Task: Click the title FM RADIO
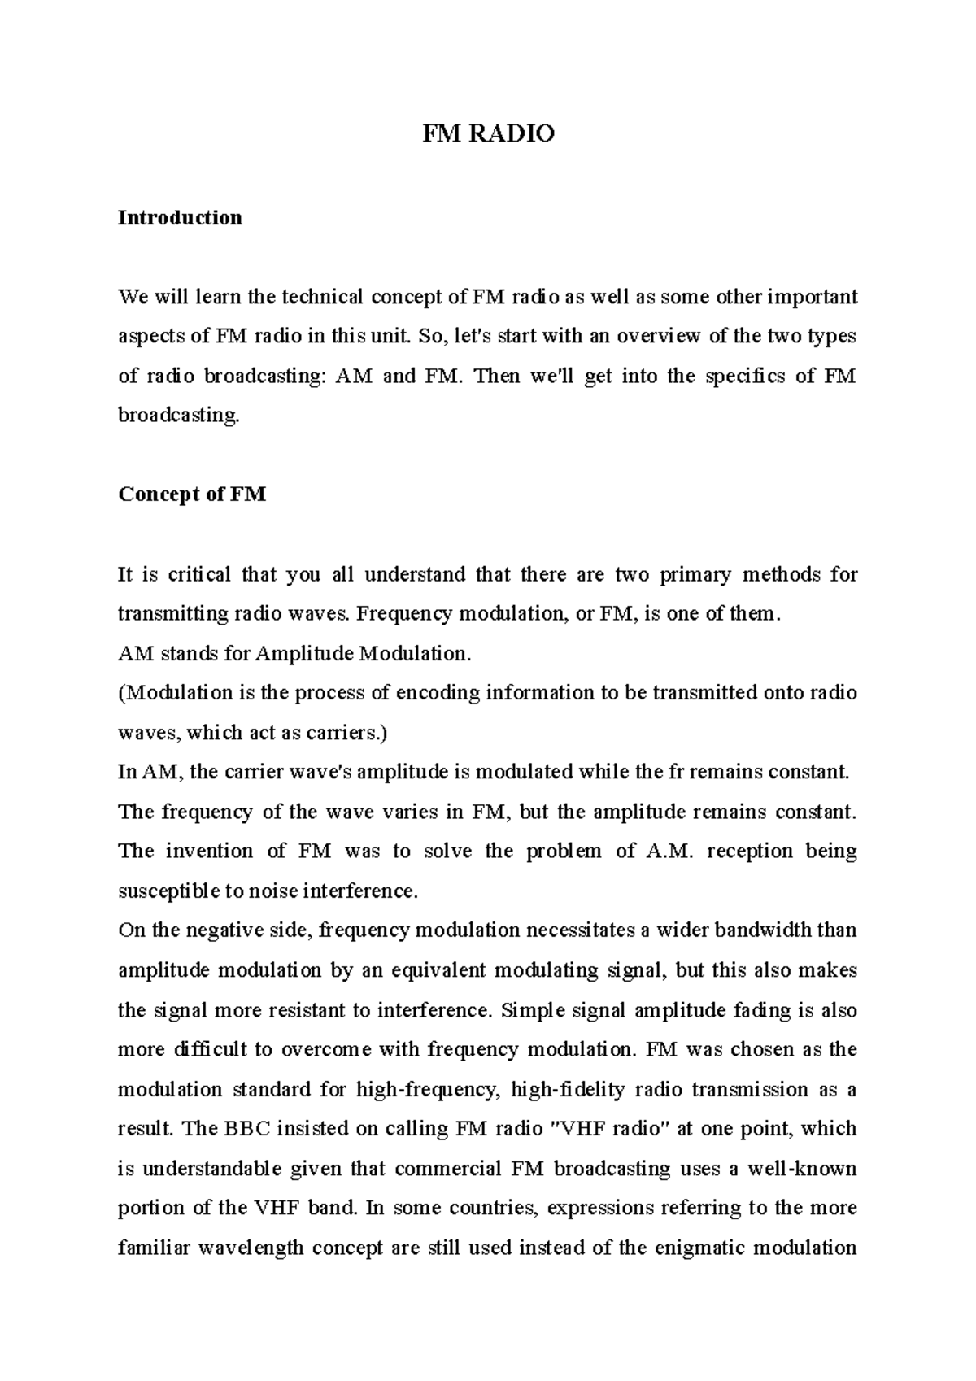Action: (x=488, y=133)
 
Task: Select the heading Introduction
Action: (x=180, y=218)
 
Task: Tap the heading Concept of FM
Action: (x=192, y=494)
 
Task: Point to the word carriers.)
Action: (x=348, y=733)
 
